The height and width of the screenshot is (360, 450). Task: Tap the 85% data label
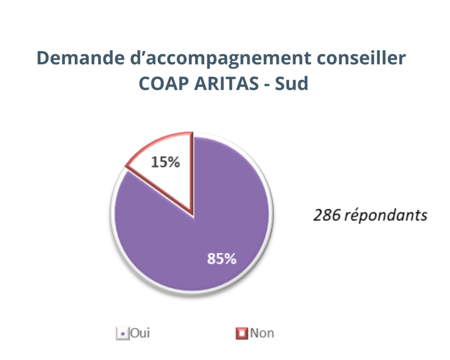(222, 259)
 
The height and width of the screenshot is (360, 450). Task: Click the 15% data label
(165, 162)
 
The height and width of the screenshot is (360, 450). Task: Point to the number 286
(327, 215)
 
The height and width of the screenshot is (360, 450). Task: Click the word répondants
(385, 216)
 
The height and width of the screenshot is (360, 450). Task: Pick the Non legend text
(262, 333)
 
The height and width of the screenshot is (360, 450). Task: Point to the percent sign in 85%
(230, 259)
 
